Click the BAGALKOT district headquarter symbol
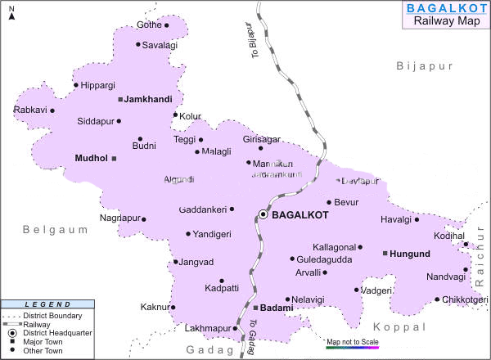tap(263, 214)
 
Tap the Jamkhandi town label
tap(148, 99)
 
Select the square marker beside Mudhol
tap(115, 158)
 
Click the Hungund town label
tap(410, 254)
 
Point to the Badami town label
tap(275, 308)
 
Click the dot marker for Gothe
tap(167, 25)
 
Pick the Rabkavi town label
tap(29, 110)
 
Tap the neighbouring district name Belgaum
tap(56, 230)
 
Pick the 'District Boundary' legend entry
tap(52, 316)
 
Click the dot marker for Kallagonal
tap(360, 246)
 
